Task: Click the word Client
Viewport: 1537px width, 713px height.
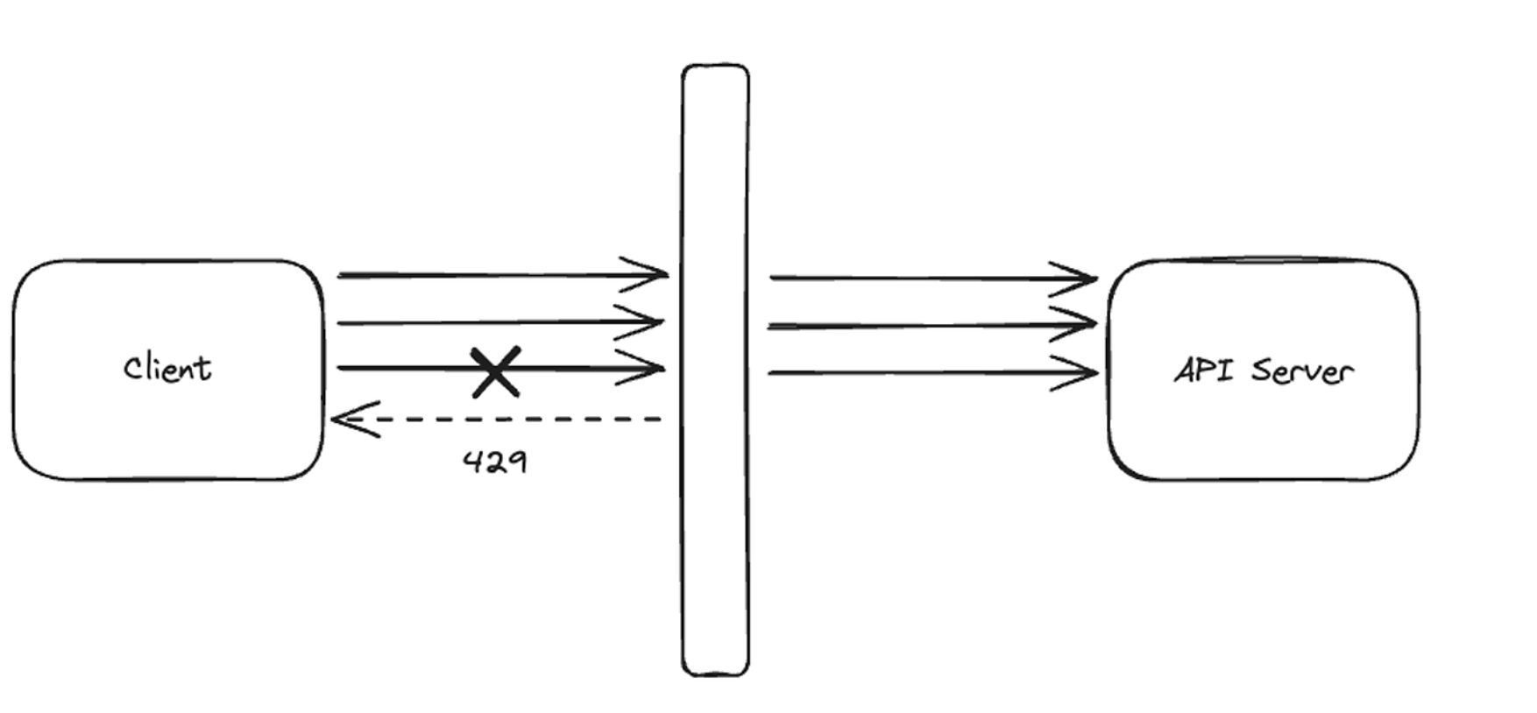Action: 167,369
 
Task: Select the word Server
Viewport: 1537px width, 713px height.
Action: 1302,371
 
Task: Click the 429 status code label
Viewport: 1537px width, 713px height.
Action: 495,462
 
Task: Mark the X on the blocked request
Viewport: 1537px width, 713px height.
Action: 496,371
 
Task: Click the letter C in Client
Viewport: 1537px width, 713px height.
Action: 133,369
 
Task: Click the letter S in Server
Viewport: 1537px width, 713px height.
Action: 1263,371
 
